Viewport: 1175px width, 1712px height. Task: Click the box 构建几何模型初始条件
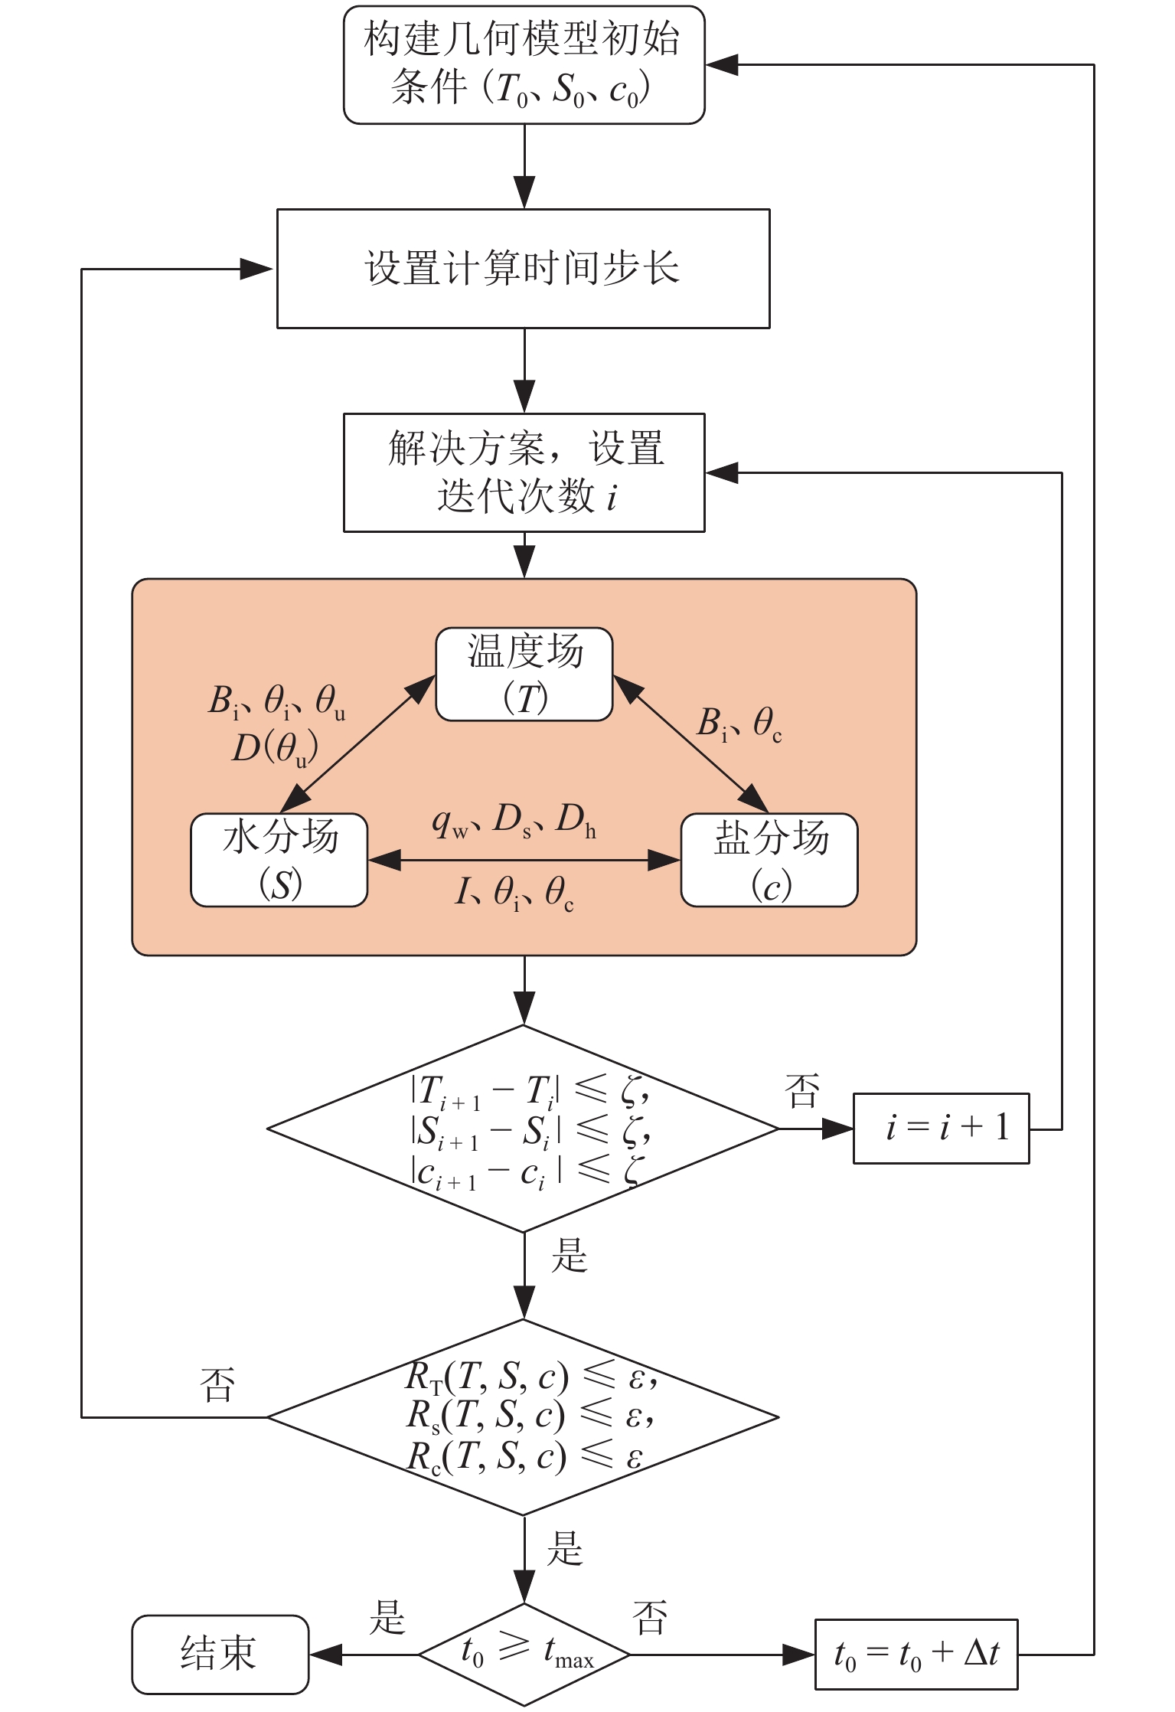pos(524,65)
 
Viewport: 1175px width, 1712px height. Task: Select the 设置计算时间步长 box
pos(523,269)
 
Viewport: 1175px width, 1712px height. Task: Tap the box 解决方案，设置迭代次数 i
pos(524,472)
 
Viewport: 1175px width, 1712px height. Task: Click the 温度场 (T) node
pos(524,675)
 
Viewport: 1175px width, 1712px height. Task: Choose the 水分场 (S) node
pos(279,860)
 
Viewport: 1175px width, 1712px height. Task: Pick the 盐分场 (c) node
pos(769,860)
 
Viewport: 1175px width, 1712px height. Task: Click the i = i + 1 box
pos(942,1129)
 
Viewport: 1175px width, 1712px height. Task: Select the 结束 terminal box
pos(220,1654)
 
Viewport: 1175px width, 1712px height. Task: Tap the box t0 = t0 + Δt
pos(916,1655)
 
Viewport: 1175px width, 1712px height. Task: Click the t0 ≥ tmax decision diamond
pos(524,1655)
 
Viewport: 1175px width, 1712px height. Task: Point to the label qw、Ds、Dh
pos(514,821)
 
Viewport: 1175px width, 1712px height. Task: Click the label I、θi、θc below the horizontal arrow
pos(514,893)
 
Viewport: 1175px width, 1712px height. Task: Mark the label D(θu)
pos(275,749)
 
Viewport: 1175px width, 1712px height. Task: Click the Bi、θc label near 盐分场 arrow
pos(739,724)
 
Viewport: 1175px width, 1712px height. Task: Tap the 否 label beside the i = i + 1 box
pos(802,1091)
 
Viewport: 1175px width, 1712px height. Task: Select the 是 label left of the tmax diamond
pos(387,1617)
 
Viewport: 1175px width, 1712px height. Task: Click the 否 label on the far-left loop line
pos(217,1384)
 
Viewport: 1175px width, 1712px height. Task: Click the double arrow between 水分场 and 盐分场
pos(524,861)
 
